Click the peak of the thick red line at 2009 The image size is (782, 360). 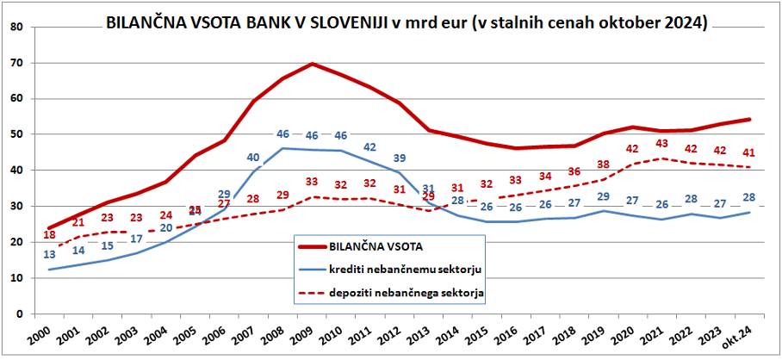[x=312, y=64]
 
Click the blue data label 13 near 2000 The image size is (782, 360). [x=50, y=254]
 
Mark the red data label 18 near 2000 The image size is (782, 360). [x=49, y=235]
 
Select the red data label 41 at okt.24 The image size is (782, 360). [x=748, y=152]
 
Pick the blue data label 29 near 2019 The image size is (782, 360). [x=603, y=197]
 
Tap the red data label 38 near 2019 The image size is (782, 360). [x=603, y=164]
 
